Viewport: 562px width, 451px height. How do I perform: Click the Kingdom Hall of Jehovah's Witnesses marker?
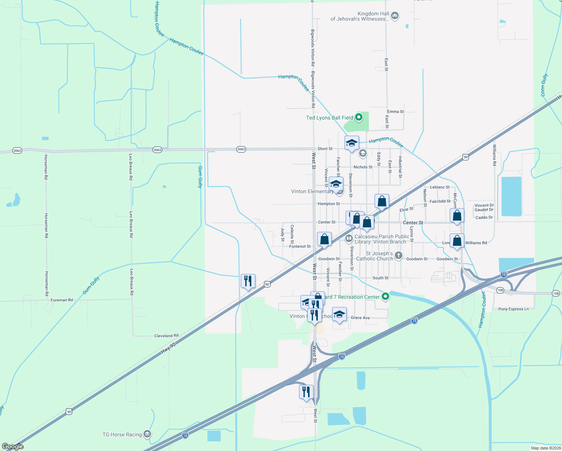pos(394,16)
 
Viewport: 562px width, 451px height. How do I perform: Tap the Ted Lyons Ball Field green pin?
pos(359,117)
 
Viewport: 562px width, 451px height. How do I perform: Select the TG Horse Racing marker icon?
pos(147,434)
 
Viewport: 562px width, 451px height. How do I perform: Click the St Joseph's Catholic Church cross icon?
pos(399,256)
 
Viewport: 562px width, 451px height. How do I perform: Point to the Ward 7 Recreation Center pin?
pos(385,297)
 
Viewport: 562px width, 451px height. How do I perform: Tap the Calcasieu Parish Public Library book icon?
pos(349,239)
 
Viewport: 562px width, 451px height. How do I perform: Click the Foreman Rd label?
pos(62,300)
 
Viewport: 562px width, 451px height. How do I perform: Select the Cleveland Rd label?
pos(166,336)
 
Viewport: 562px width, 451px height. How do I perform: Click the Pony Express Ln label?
pos(513,309)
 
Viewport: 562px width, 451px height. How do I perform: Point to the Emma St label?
pos(395,112)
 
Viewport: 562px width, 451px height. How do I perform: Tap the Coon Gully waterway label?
pos(544,85)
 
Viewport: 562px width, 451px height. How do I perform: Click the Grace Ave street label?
pos(360,318)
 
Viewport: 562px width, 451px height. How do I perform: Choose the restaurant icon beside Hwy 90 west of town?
pos(248,281)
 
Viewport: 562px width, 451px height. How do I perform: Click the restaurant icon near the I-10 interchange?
pos(306,392)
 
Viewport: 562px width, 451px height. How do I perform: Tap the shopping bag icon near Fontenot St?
pos(324,239)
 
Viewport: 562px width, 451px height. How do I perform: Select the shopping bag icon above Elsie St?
pos(382,201)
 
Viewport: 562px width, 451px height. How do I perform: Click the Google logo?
pos(13,446)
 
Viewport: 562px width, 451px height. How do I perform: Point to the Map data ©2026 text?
pos(546,448)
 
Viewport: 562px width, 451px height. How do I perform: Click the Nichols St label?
pos(363,167)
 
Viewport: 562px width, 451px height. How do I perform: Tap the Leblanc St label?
pos(440,187)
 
